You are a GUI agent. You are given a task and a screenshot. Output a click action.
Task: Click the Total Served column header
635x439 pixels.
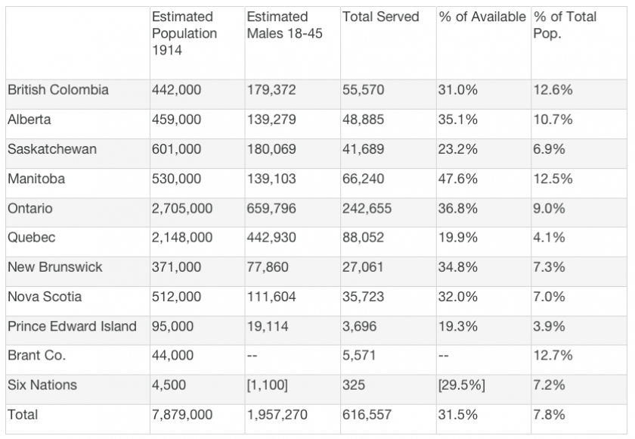(380, 17)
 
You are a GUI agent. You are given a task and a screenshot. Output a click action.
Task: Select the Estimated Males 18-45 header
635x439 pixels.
(277, 25)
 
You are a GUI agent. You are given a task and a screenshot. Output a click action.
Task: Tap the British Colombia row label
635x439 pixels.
(58, 90)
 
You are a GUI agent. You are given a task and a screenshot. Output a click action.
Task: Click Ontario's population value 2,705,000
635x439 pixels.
(182, 208)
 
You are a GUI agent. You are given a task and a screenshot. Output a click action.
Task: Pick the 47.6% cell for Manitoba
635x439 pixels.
(457, 179)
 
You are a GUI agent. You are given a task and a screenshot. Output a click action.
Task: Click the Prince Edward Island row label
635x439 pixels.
(72, 326)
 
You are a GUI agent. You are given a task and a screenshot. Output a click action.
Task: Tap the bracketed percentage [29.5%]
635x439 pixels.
(461, 385)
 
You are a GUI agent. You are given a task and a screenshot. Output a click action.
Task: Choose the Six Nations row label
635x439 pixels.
(42, 385)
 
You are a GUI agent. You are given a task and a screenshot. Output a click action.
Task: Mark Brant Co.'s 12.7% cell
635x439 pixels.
(553, 356)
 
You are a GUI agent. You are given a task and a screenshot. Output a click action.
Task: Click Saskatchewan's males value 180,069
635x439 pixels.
(271, 149)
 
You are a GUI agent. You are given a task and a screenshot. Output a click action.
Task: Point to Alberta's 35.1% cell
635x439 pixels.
(457, 120)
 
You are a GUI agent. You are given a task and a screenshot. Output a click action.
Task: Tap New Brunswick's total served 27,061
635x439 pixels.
(364, 267)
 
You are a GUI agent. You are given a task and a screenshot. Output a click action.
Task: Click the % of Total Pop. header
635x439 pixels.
(565, 25)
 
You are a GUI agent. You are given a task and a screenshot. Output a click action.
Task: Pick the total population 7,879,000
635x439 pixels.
(182, 415)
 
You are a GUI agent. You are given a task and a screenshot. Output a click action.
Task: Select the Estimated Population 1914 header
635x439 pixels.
(184, 33)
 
